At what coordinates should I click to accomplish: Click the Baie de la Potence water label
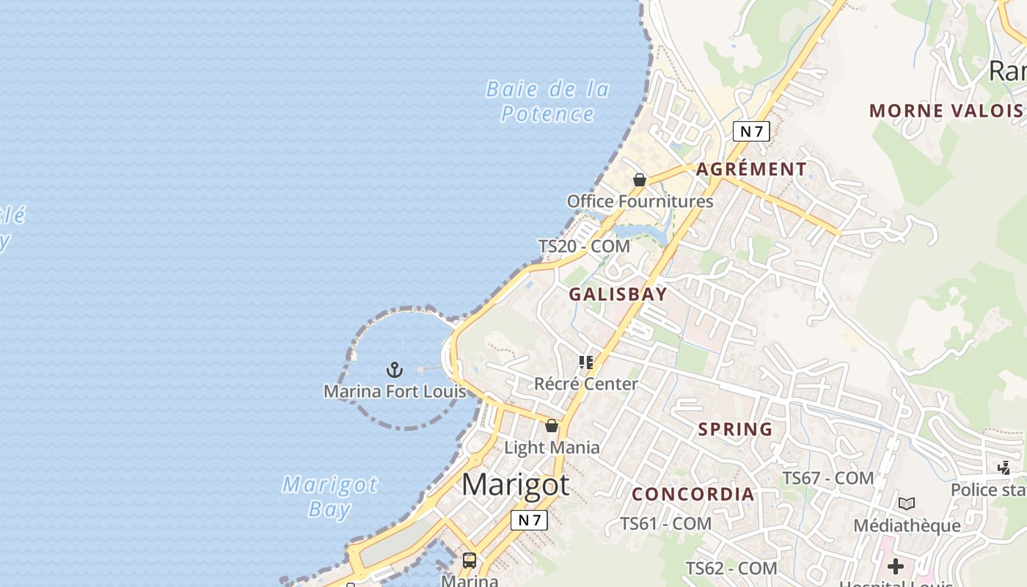[547, 101]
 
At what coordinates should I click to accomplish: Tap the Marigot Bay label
[330, 497]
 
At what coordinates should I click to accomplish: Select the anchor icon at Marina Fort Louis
[395, 369]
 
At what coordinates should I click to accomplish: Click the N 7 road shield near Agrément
[751, 131]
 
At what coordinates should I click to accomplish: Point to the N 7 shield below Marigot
[529, 520]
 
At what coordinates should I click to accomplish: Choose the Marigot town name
[516, 485]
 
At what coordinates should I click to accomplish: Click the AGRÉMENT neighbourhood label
[751, 169]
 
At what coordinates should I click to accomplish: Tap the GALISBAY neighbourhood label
[618, 294]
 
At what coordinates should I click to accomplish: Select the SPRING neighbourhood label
[735, 429]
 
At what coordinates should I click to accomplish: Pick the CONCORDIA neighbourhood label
[693, 495]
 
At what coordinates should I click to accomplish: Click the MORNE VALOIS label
[946, 111]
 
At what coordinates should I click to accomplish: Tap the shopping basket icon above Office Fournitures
[640, 180]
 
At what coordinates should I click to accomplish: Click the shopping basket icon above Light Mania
[552, 426]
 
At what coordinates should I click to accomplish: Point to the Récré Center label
[586, 384]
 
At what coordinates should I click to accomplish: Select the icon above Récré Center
[586, 362]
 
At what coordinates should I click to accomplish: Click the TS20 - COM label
[584, 247]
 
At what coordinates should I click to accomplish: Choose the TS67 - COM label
[827, 478]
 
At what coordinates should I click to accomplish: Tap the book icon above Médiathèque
[907, 503]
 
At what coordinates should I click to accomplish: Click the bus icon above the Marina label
[469, 561]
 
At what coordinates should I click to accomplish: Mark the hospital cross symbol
[895, 566]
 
